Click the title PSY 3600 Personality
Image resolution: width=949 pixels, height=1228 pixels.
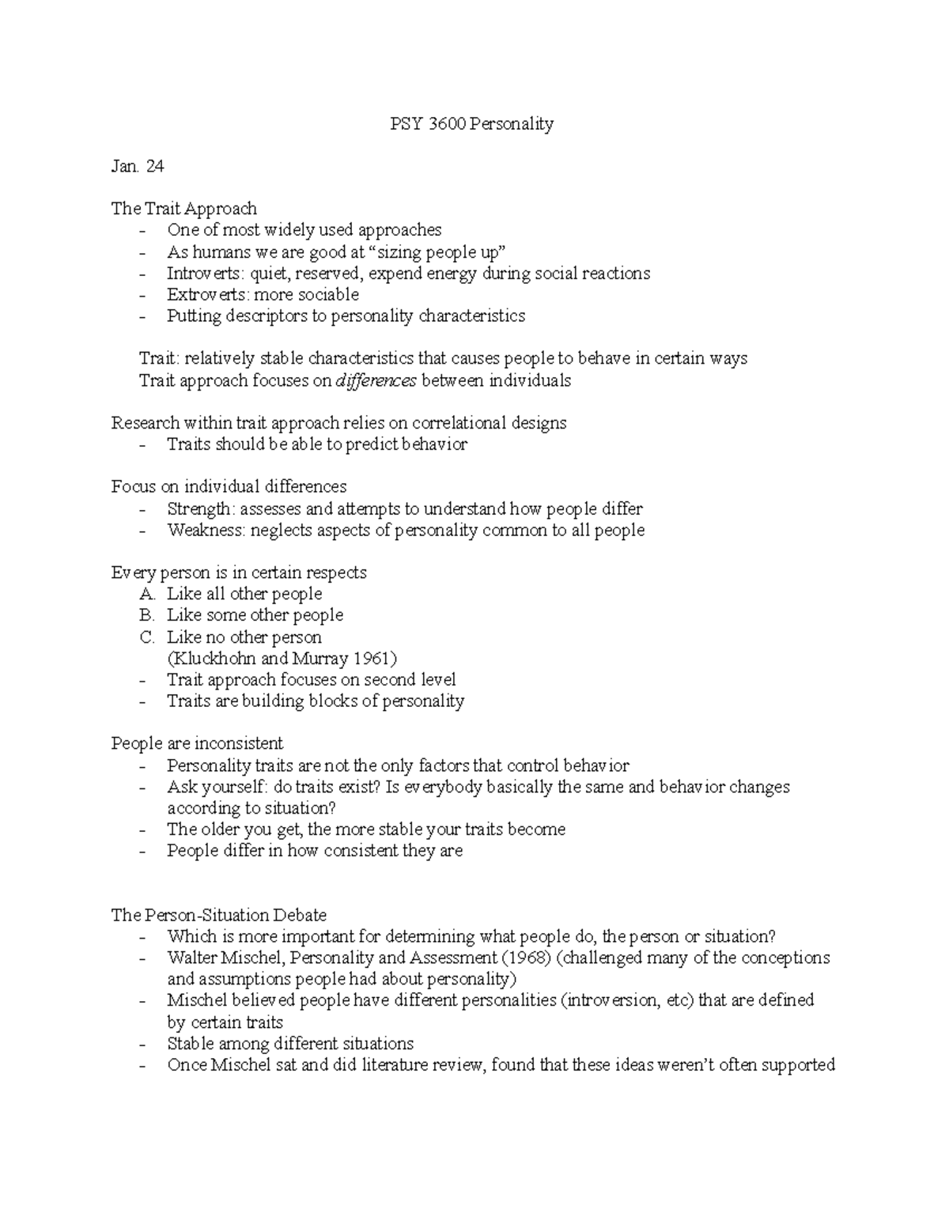click(472, 124)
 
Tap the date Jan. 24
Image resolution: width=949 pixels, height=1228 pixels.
click(138, 166)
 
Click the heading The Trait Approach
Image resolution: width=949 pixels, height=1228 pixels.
click(183, 209)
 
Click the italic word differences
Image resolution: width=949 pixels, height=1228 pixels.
click(376, 381)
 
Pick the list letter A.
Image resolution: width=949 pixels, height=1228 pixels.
click(147, 594)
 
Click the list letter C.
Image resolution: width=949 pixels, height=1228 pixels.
click(146, 637)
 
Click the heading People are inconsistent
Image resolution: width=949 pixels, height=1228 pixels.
click(197, 744)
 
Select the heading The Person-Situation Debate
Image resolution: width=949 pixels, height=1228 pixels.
click(219, 916)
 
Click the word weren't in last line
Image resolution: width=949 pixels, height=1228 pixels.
click(649, 1065)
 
